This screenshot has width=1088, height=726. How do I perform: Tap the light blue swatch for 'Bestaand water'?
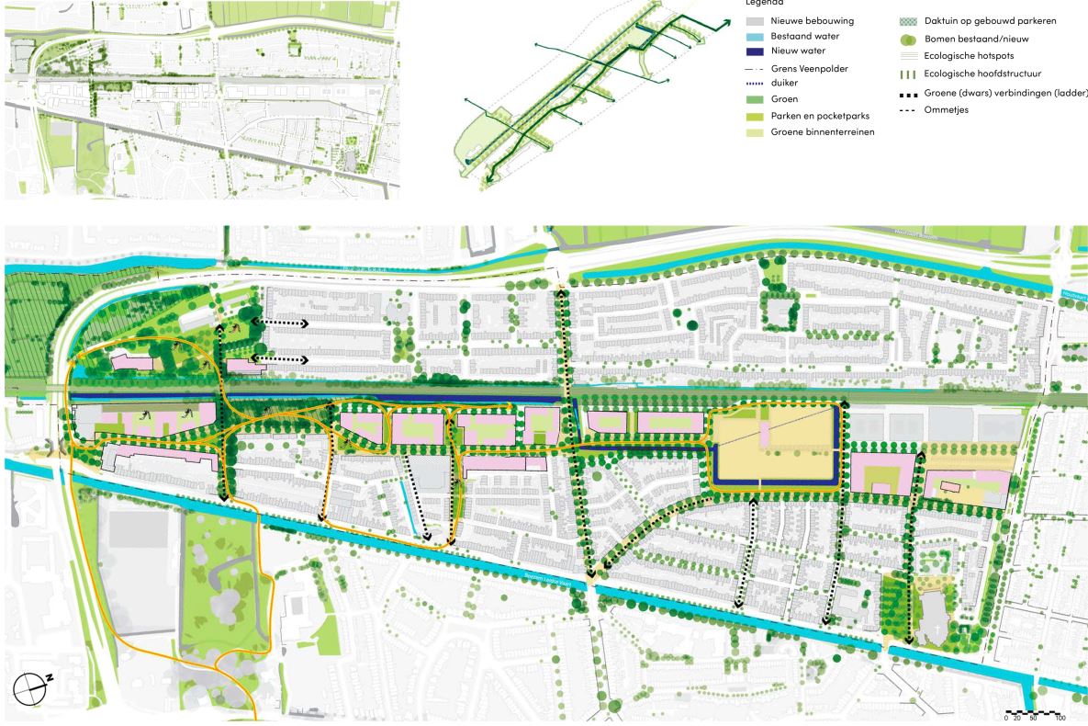[758, 35]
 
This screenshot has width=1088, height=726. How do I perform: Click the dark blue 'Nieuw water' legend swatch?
[758, 51]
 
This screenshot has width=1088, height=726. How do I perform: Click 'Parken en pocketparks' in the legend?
[820, 117]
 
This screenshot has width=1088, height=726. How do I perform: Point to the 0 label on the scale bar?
[1007, 719]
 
